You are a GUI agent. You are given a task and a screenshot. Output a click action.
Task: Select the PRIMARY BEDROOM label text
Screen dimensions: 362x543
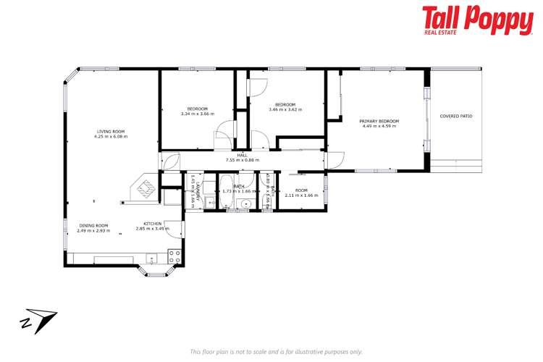point(381,121)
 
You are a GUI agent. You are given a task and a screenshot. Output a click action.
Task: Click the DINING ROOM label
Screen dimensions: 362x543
point(93,225)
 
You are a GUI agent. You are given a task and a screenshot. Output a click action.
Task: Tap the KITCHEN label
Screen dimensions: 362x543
point(152,224)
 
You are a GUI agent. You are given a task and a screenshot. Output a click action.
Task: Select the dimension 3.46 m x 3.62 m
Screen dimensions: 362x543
point(285,109)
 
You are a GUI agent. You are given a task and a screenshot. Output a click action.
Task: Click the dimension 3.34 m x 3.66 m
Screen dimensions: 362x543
point(198,113)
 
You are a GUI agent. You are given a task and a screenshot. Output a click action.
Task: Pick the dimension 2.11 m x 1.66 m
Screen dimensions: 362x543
point(301,195)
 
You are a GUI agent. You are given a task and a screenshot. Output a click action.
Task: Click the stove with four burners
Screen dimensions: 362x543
point(174,256)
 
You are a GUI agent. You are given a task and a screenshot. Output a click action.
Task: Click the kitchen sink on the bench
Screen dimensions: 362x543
point(151,258)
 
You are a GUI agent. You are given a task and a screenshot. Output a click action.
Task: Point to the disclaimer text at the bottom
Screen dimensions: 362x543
point(276,351)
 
